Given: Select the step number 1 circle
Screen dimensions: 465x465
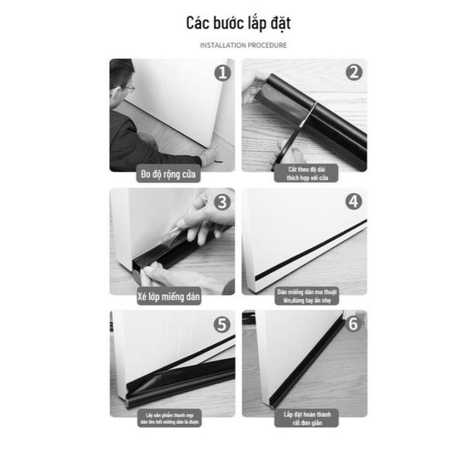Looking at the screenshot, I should pos(222,74).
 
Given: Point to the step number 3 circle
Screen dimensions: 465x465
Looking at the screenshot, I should pos(222,203).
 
